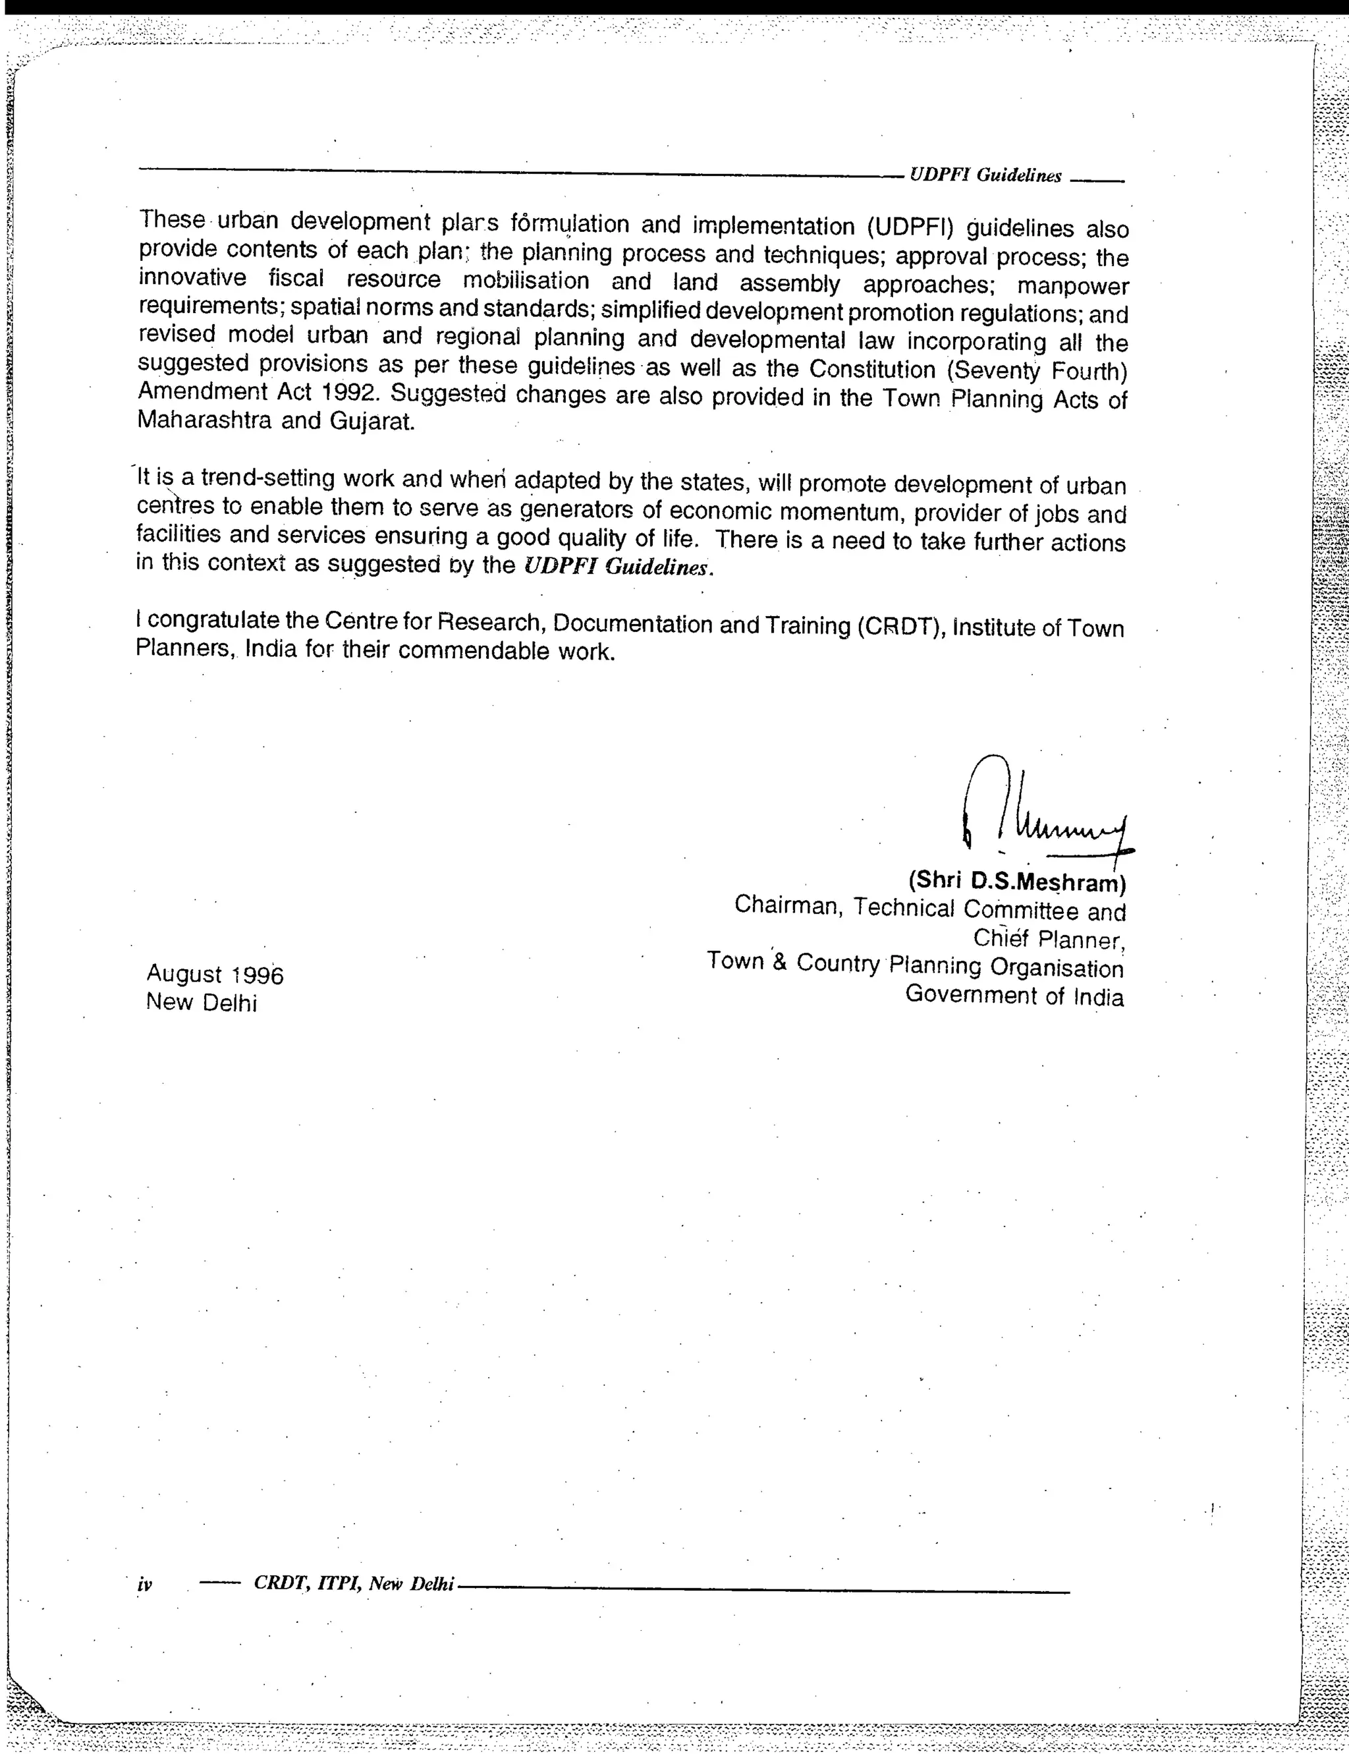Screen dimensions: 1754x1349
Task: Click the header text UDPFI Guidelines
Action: (985, 176)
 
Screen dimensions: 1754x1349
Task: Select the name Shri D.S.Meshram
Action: (1016, 881)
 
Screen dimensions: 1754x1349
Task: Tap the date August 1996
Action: (214, 974)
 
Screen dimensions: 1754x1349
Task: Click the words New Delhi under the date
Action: (201, 1002)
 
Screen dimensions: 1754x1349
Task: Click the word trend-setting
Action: (267, 478)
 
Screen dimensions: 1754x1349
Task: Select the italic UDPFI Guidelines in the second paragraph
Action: (617, 567)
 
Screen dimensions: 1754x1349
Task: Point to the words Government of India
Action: (1014, 995)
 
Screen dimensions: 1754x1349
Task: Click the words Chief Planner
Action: (1047, 939)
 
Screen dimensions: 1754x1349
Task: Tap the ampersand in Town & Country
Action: (779, 961)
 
